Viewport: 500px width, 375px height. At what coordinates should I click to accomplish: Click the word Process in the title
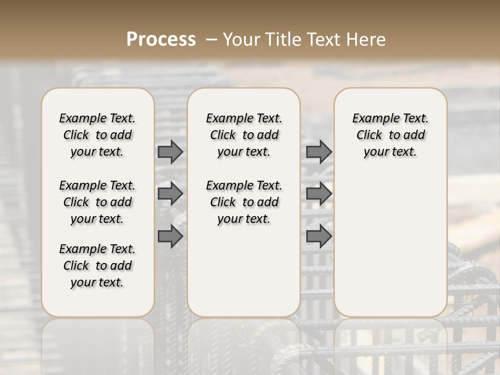[x=161, y=39]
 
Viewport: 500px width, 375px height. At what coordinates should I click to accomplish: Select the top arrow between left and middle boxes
[x=170, y=152]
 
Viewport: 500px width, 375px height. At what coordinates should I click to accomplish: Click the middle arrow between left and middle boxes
[x=170, y=194]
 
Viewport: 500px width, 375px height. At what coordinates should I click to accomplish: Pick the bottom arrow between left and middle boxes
[x=170, y=236]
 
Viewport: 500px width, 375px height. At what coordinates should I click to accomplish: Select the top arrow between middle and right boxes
[x=319, y=152]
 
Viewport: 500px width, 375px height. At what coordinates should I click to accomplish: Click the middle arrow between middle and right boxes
[x=319, y=194]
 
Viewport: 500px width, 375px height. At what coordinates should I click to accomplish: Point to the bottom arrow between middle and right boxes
[x=319, y=236]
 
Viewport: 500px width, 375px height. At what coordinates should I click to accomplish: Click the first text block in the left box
[x=97, y=135]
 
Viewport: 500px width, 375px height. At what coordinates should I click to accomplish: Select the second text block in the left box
[x=97, y=202]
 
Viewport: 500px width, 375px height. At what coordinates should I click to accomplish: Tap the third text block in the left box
[x=97, y=266]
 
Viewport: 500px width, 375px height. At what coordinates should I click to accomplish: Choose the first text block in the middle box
[x=244, y=135]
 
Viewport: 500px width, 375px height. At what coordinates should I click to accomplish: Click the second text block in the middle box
[x=244, y=202]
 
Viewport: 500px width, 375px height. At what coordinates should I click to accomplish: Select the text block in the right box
[x=391, y=135]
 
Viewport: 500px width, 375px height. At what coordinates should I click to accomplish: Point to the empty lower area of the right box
[x=391, y=245]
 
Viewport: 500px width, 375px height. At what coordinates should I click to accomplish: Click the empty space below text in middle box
[x=244, y=271]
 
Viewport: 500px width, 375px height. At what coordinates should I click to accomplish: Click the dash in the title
[x=211, y=39]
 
